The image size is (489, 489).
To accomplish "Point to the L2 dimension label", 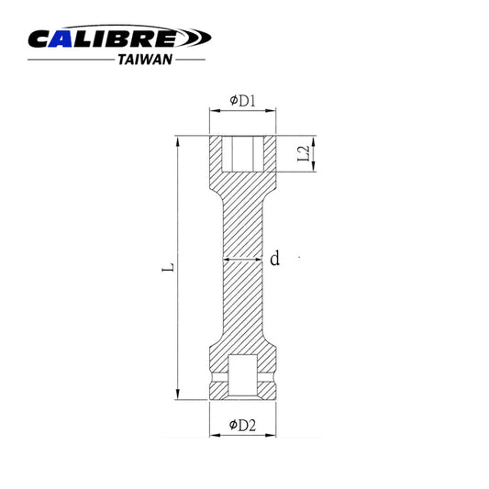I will (304, 154).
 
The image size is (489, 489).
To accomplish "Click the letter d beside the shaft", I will (273, 259).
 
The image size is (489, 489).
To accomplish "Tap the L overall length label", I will (164, 270).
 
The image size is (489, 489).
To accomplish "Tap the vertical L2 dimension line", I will (314, 153).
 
